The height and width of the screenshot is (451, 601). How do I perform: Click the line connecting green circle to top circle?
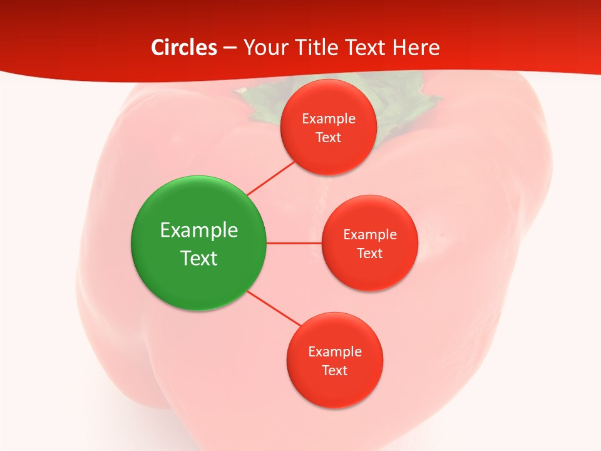tap(271, 178)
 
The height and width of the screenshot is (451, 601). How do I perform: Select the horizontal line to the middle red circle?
tap(294, 243)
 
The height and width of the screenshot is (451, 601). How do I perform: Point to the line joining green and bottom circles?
tap(274, 308)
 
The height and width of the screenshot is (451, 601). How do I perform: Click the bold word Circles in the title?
tap(184, 48)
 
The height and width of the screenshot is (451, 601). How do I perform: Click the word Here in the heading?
tap(416, 48)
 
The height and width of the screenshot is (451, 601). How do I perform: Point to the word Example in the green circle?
tap(199, 230)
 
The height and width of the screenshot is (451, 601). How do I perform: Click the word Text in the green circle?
tap(199, 258)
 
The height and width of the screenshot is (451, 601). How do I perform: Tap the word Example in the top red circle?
tap(329, 118)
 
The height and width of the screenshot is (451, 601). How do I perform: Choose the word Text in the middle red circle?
tap(369, 253)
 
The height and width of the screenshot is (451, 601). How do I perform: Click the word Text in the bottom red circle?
tap(334, 370)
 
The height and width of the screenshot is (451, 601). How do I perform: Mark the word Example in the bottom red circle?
tap(335, 351)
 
